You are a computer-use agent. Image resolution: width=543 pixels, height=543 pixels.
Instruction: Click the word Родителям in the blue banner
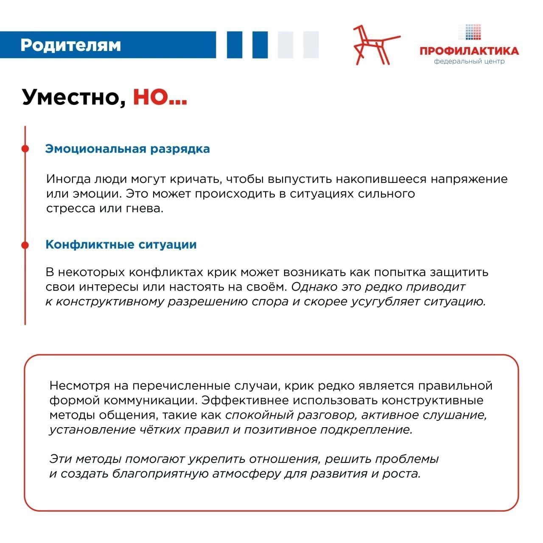click(x=70, y=45)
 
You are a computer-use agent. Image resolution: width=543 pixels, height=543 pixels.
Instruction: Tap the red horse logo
click(x=374, y=45)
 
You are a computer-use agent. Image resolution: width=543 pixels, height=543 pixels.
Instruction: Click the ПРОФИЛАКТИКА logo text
click(x=469, y=51)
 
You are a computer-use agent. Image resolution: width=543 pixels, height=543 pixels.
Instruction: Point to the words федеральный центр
click(x=469, y=62)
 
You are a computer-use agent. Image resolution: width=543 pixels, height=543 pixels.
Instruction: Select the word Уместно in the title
click(x=73, y=97)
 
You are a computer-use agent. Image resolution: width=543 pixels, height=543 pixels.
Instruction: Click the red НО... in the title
click(x=160, y=97)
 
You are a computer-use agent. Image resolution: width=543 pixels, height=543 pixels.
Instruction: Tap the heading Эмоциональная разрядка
click(x=127, y=149)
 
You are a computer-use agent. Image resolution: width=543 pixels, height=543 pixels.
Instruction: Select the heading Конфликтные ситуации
click(x=121, y=245)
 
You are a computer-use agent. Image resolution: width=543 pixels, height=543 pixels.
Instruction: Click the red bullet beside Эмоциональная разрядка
click(x=25, y=148)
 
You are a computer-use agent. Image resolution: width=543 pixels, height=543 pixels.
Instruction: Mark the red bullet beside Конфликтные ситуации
click(x=25, y=245)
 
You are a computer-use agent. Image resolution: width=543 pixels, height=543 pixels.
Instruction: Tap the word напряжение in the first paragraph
click(x=469, y=179)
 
